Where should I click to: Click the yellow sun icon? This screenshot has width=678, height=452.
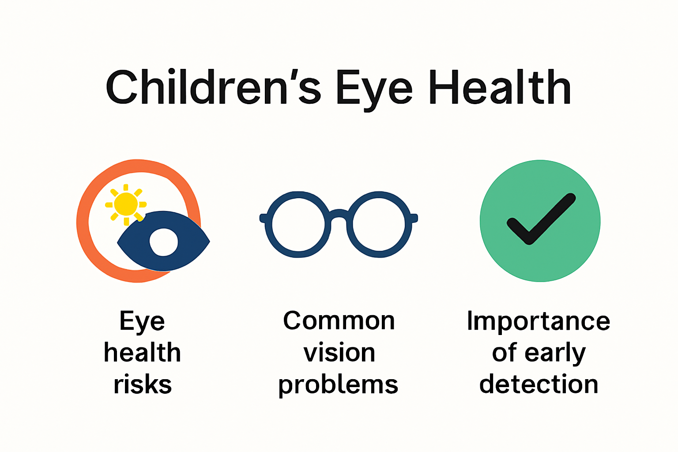click(x=126, y=204)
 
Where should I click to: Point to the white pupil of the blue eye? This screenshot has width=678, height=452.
click(x=164, y=242)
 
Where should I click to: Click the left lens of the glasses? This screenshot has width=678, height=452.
click(x=298, y=224)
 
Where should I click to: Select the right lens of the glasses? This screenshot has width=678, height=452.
click(x=379, y=224)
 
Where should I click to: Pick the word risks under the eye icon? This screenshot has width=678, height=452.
click(x=143, y=384)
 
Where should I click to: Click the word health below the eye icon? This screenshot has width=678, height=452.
click(x=143, y=353)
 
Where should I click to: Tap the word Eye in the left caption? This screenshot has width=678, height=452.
click(x=142, y=321)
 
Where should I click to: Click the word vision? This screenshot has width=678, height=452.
click(x=339, y=353)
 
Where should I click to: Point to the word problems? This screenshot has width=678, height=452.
click(x=338, y=385)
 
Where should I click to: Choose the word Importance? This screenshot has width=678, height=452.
click(x=539, y=321)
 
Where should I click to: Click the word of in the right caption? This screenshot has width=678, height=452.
click(x=505, y=353)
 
